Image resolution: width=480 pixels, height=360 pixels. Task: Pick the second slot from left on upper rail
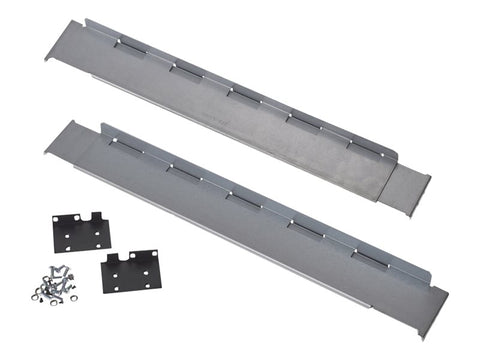point(183,69)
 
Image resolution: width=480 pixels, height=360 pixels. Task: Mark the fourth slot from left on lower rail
point(306,229)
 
